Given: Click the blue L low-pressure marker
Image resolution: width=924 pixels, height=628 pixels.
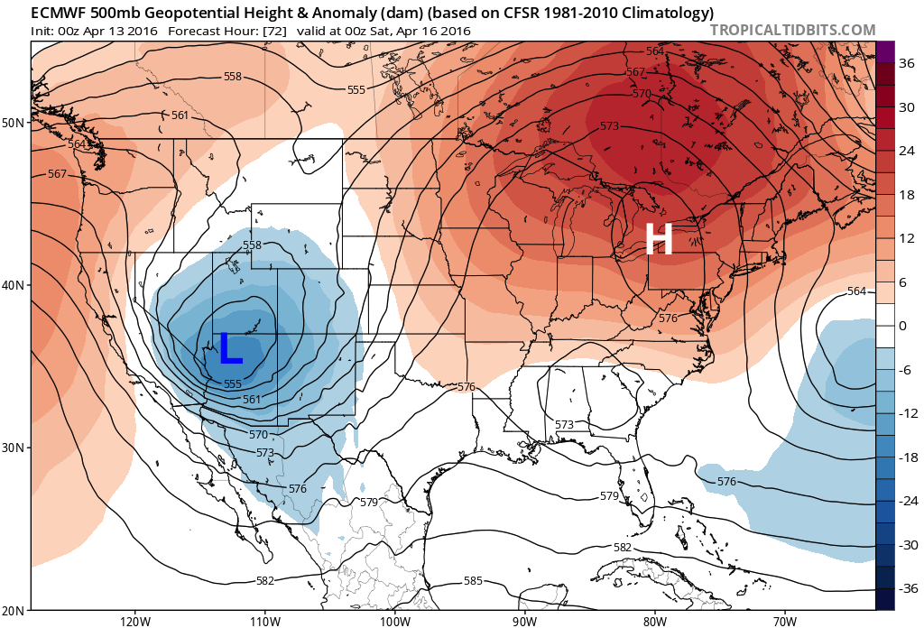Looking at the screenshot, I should pos(231,348).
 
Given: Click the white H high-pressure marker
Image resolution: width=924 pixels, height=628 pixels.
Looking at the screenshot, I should pos(659,240).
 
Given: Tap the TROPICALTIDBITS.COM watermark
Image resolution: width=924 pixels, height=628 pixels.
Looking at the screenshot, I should pos(792,30).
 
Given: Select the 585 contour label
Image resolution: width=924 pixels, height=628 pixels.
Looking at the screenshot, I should pos(473,580).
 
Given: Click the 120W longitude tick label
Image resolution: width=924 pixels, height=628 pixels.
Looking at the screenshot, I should pos(134,621).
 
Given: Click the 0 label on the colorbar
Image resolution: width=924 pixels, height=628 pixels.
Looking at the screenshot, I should pos(901,326).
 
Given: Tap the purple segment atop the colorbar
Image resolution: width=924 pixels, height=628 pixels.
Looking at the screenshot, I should pos(884,51).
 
